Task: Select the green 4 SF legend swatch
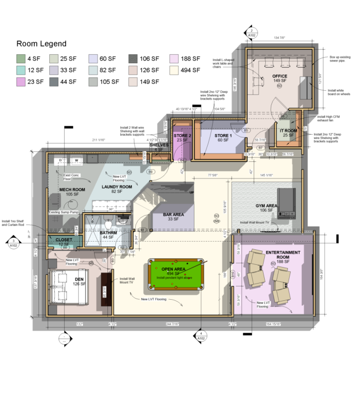21,58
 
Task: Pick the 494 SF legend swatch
174,70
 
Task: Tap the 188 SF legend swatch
174,58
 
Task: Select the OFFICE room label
280,76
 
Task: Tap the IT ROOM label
288,130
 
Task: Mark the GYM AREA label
266,206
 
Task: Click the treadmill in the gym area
287,202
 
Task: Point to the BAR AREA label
174,214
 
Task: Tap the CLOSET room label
64,240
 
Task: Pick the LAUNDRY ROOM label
117,187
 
